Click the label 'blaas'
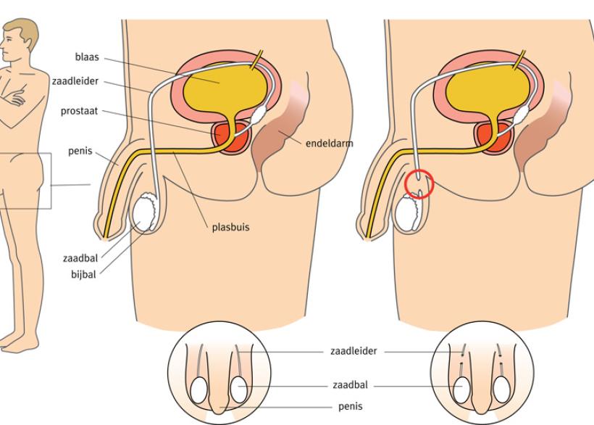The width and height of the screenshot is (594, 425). pyautogui.click(x=87, y=57)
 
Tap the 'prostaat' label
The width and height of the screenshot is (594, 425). pyautogui.click(x=79, y=112)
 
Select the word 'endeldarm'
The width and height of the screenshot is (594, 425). pyautogui.click(x=329, y=144)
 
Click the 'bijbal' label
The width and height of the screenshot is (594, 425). pyautogui.click(x=83, y=273)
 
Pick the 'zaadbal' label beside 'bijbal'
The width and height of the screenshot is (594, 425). pyautogui.click(x=80, y=257)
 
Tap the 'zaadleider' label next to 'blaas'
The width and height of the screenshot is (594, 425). pyautogui.click(x=75, y=81)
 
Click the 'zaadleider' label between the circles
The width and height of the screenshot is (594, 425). pyautogui.click(x=354, y=351)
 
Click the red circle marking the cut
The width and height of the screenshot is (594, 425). pyautogui.click(x=419, y=183)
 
